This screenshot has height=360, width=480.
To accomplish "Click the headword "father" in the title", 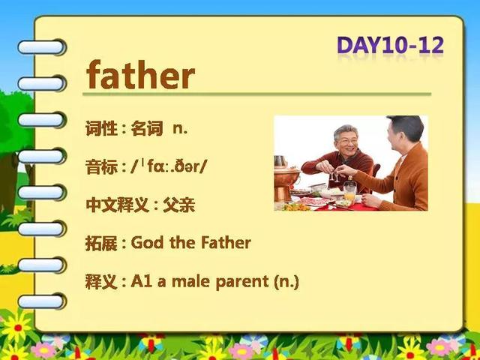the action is pos(140,74).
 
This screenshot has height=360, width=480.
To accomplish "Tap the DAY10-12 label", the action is pos(390,45).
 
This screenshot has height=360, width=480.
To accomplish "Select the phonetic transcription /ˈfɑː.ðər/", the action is pos(169,166).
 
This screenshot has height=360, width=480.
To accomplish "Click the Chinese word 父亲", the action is pos(178,205).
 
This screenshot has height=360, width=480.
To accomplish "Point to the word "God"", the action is pos(147,243).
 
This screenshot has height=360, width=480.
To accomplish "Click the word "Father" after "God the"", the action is pos(226,243).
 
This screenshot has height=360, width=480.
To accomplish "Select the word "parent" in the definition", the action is pos(242,282).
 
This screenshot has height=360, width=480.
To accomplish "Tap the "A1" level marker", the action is pos(141,281).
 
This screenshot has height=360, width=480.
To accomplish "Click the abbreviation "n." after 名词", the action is pos(180,129).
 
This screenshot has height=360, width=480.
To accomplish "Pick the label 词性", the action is pos(102,128).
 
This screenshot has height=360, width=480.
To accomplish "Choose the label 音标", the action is pos(102,166).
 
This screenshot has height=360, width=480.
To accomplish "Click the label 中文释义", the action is pos(118,205).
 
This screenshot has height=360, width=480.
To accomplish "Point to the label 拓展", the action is pos(102,243).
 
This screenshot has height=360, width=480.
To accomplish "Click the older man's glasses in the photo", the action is pos(349,141).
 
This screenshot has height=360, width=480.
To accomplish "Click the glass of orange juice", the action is pos(349,192).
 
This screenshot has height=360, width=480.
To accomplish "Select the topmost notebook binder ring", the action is pos(42,47).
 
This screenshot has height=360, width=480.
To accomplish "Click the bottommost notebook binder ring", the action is pos(42,301).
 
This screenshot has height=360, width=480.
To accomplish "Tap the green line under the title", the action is pos(256,94).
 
